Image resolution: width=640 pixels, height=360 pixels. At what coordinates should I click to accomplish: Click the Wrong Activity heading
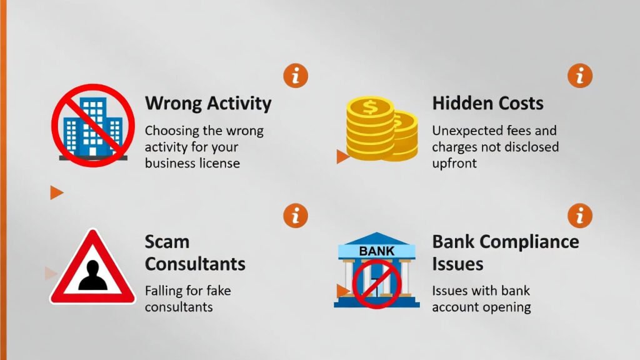click(208, 103)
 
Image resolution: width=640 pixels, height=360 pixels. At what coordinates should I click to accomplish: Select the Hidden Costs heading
click(487, 103)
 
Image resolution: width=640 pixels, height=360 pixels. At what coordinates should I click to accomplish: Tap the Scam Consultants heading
click(195, 252)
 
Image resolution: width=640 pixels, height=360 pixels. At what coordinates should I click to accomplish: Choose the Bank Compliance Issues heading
click(505, 252)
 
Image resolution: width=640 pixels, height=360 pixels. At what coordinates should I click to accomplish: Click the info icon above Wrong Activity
click(296, 76)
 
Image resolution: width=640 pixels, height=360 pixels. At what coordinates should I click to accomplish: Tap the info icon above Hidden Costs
click(579, 76)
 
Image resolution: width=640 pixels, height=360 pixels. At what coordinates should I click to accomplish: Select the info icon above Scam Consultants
click(296, 215)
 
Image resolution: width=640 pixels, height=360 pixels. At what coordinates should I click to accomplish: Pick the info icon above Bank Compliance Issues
click(579, 215)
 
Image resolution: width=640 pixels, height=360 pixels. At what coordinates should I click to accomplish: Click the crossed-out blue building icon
click(92, 125)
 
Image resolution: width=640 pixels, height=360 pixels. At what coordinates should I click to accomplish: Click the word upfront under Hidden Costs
click(454, 163)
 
